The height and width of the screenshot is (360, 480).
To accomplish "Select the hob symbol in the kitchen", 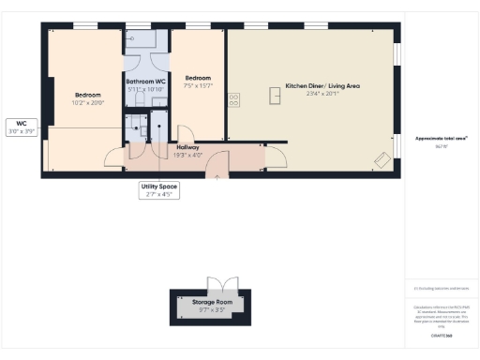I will click(x=234, y=97).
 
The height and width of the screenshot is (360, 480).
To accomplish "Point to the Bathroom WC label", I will click(x=146, y=82).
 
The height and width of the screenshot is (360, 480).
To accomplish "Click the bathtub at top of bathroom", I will click(x=146, y=39).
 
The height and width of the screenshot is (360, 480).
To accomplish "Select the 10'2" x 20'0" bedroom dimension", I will click(x=88, y=102).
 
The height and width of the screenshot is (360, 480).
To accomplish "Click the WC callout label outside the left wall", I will click(x=20, y=123).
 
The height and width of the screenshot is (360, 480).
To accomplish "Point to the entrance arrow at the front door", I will click(x=218, y=174).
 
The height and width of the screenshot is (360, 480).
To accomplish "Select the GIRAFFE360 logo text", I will click(x=441, y=335).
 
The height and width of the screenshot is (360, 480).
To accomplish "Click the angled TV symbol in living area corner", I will click(x=382, y=161).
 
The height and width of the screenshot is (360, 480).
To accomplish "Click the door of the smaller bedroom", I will click(x=186, y=135).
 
